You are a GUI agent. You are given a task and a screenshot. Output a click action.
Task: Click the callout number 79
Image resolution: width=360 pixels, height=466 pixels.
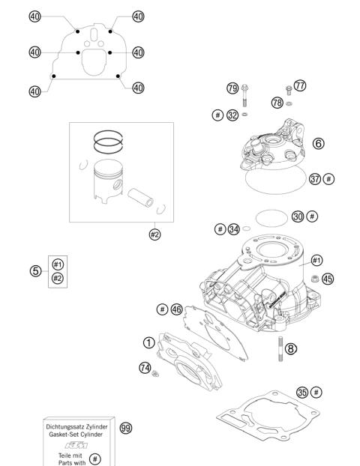point(232,88)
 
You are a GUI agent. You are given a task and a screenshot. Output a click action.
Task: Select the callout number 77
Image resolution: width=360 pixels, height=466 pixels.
point(301,86)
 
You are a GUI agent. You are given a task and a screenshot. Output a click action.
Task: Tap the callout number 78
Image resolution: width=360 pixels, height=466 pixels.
point(277,103)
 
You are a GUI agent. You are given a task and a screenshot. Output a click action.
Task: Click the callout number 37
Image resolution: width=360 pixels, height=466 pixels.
point(295,179)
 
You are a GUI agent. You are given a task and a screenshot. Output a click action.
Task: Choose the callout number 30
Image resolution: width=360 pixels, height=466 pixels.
point(298,216)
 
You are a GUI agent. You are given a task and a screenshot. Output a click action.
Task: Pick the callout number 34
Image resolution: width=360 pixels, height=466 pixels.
point(234,229)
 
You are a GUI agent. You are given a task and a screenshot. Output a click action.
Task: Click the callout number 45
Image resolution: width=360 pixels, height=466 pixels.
point(327,279)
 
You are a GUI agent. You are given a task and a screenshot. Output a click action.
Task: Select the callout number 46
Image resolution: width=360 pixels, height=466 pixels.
point(176,309)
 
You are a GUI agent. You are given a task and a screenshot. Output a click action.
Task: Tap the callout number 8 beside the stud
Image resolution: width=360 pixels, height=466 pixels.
point(290,348)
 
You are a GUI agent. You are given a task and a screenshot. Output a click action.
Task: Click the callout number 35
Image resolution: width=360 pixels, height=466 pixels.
point(301,392)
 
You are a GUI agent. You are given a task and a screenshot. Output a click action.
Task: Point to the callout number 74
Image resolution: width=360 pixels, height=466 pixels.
point(145,367)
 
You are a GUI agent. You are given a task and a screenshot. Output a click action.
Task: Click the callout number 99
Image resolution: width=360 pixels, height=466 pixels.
point(125,427)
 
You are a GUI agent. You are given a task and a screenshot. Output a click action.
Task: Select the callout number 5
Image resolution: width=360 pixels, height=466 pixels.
point(35,271)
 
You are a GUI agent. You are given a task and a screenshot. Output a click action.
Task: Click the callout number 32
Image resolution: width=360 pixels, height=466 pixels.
point(232,115)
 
